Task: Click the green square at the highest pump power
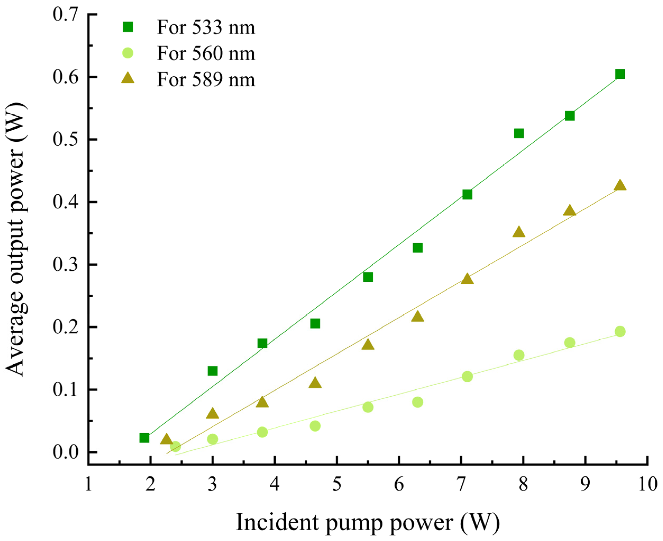tap(620, 74)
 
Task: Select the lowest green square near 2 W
tap(144, 438)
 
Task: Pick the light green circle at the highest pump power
tap(620, 331)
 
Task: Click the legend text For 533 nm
tap(206, 28)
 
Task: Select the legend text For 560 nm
tap(206, 54)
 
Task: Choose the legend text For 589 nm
tap(206, 80)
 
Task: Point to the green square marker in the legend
tap(128, 27)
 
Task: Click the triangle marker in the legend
tap(128, 78)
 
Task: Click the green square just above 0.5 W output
tap(519, 133)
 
